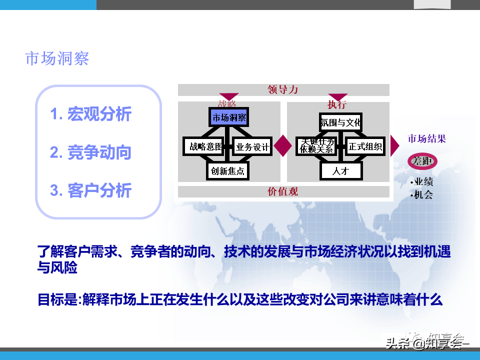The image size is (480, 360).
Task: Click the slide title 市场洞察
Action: click(57, 58)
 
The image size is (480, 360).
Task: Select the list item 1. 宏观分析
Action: click(90, 114)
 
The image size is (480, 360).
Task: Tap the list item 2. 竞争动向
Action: click(90, 152)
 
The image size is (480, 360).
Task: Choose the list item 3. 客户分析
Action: click(90, 190)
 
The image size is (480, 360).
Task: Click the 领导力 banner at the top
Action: click(283, 89)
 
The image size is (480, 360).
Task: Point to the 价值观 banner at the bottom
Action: click(283, 191)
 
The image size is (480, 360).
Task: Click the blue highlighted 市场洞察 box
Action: click(228, 118)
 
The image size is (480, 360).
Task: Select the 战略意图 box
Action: click(202, 147)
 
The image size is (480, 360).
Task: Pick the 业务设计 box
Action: click(252, 147)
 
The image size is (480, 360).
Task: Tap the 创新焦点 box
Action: click(227, 171)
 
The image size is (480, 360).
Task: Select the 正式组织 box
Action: click(365, 146)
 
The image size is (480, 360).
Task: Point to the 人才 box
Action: click(340, 171)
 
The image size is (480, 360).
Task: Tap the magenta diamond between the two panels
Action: click(283, 146)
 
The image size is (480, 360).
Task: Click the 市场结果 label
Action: click(427, 139)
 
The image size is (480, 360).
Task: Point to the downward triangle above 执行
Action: click(337, 97)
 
